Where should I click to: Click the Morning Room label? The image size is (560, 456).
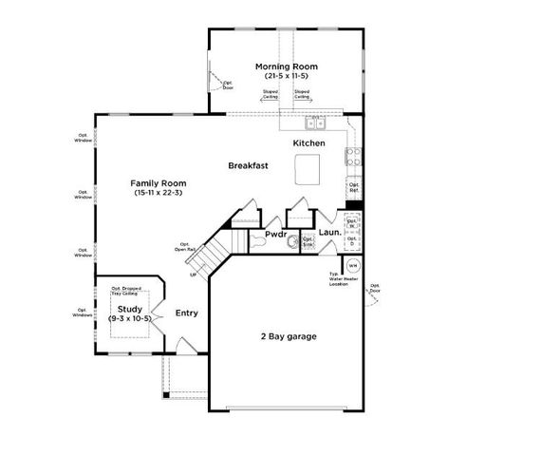point(286,66)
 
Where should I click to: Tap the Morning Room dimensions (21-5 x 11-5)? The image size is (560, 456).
point(286,76)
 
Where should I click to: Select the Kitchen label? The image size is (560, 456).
point(308,143)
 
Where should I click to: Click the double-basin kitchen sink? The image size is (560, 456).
point(313,123)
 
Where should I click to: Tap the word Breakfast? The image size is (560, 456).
point(248,165)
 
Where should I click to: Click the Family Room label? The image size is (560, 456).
point(158,182)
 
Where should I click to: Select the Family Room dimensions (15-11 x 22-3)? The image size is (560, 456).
point(158,193)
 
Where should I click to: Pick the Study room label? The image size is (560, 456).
point(129,309)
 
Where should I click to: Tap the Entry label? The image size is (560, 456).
point(187,313)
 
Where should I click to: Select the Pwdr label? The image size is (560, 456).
point(275,233)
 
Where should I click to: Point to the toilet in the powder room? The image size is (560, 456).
point(292,241)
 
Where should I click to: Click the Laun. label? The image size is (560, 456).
point(329,233)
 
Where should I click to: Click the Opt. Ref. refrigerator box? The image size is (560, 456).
point(353,188)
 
